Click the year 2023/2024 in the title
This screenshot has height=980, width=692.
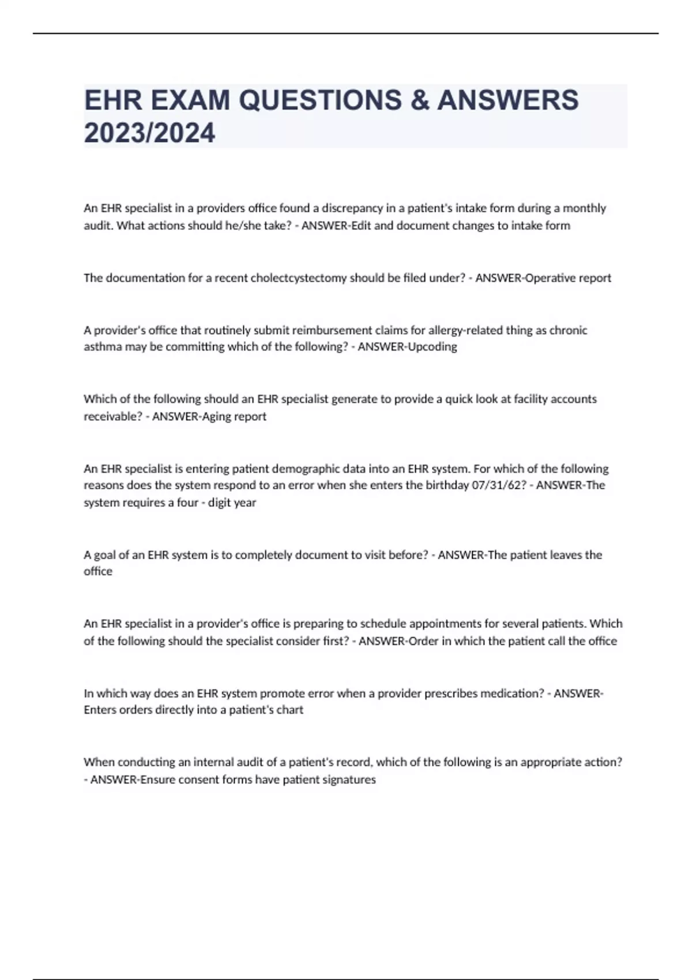[149, 133]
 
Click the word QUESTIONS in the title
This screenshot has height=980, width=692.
[320, 100]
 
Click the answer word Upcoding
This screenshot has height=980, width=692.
[432, 346]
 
